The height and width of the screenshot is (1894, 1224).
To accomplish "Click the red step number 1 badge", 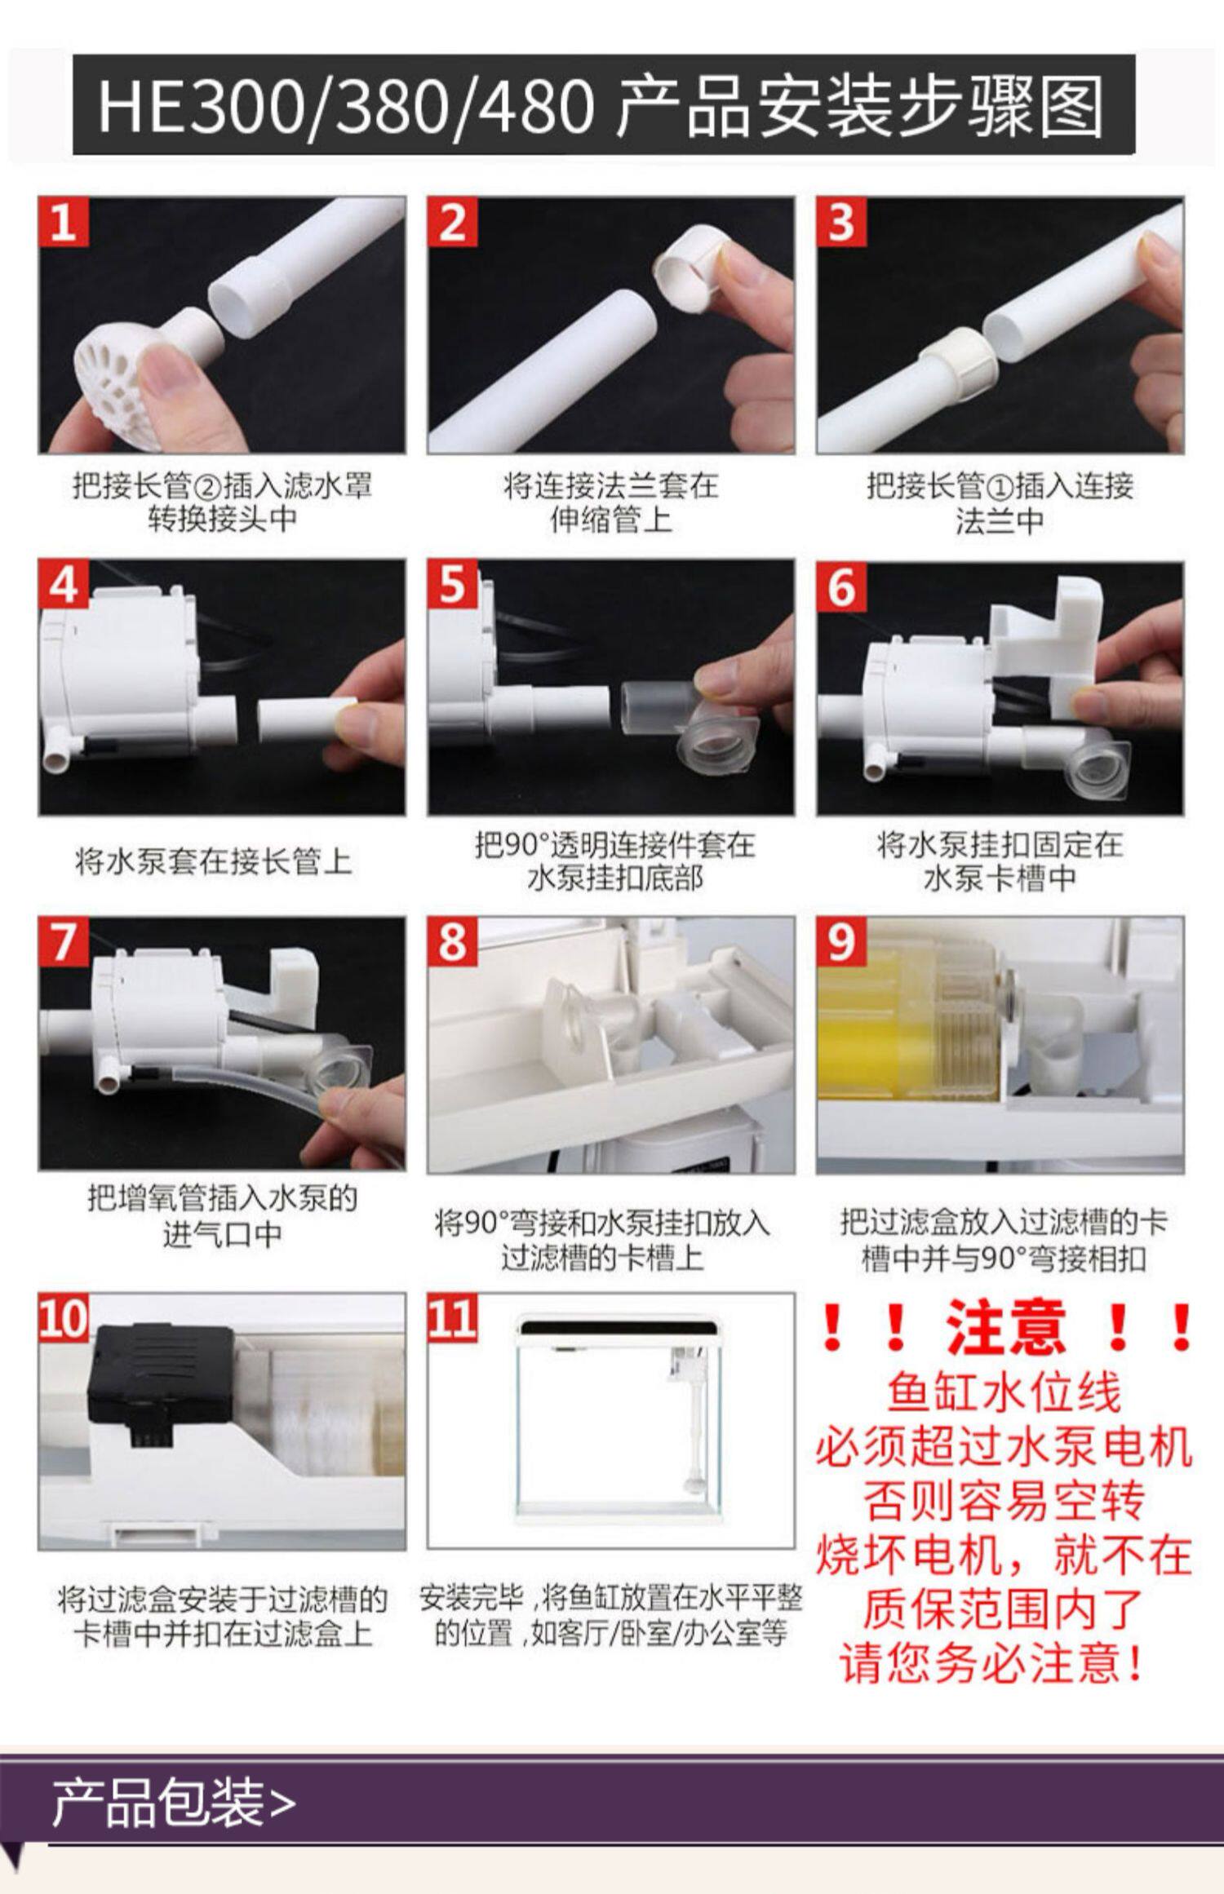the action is point(63,221).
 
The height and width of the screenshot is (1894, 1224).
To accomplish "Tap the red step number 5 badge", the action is point(451,582).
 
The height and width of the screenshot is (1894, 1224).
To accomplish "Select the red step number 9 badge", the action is point(840,940).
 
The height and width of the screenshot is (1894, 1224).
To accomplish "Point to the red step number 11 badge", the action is point(451,1317).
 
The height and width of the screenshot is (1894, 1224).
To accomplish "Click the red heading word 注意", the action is point(1005,1328).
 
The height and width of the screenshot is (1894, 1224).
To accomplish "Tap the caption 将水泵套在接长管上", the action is point(214,861).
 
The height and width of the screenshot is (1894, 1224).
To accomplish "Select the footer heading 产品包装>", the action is point(173,1802).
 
